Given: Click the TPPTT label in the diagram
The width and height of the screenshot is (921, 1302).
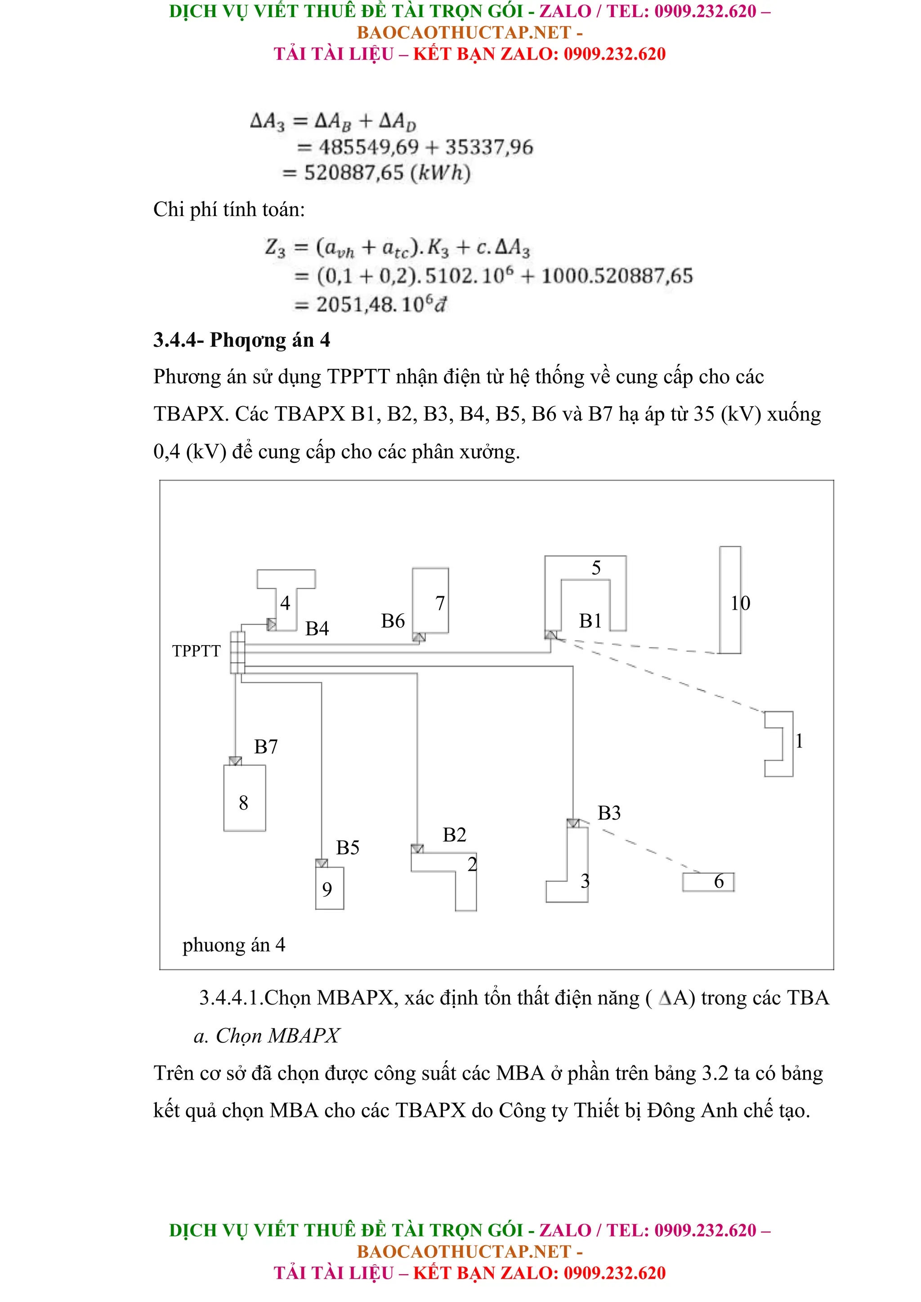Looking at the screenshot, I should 196,651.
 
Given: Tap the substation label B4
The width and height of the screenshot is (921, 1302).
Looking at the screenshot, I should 317,629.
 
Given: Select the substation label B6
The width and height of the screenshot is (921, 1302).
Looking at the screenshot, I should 393,621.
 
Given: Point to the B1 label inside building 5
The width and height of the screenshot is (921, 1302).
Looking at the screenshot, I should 590,621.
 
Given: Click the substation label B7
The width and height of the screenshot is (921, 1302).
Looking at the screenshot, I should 266,747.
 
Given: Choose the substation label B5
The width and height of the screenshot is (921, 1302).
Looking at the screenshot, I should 347,848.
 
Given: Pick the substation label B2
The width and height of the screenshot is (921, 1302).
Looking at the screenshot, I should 454,835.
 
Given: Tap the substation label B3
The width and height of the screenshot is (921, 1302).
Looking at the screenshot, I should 609,813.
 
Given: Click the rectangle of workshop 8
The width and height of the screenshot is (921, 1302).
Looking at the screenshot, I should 245,798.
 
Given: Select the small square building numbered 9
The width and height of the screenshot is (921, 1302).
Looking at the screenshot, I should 330,888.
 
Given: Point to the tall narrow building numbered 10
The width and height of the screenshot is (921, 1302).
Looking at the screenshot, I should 730,600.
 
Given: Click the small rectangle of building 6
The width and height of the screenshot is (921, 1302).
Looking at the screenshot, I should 708,882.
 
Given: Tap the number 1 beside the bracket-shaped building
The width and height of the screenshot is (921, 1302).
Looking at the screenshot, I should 799,740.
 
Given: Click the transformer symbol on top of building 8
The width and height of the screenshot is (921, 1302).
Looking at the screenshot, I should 236,761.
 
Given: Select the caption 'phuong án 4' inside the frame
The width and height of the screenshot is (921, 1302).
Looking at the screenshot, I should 234,945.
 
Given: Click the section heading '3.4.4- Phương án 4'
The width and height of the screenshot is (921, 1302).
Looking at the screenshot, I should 241,340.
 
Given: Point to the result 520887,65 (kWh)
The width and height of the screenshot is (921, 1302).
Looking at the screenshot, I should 387,173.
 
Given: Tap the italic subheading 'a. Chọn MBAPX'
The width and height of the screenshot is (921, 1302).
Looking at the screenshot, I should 266,1036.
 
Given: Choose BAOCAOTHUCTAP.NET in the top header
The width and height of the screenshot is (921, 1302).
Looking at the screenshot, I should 464,32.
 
